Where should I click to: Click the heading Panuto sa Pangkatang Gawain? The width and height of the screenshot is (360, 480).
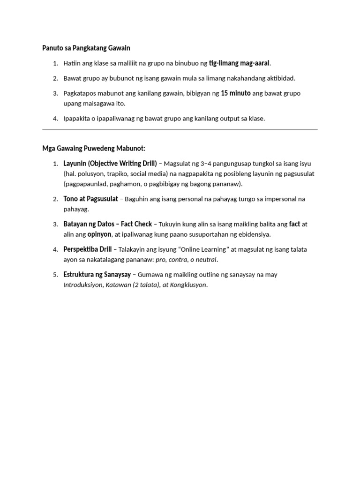pos(86,48)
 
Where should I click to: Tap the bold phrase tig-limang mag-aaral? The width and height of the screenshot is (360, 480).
pos(240,63)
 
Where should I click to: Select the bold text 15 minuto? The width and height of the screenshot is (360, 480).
pos(235,93)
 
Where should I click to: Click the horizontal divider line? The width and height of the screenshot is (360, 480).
pos(180,129)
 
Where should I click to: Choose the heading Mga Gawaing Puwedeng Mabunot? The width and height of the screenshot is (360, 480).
pos(94,149)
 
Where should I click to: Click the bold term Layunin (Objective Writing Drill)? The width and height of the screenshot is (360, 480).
pos(110,164)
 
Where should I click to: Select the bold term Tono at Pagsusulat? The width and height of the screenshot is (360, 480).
pos(90,199)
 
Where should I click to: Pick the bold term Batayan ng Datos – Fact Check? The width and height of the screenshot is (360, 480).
pos(108,224)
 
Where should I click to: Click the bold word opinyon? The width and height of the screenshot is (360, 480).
pos(99,234)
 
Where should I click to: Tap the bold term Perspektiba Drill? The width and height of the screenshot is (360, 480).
pos(88,249)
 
